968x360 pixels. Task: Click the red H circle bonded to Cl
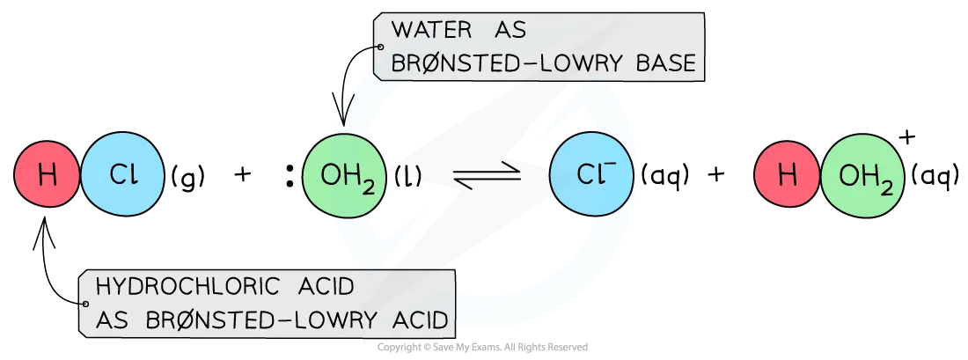pyautogui.click(x=47, y=176)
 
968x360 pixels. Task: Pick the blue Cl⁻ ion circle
pyautogui.click(x=592, y=176)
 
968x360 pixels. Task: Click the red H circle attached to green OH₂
pyautogui.click(x=787, y=176)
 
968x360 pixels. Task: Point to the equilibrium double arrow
pyautogui.click(x=488, y=177)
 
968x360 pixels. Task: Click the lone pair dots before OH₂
pyautogui.click(x=289, y=177)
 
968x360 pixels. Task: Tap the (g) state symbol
pyautogui.click(x=187, y=178)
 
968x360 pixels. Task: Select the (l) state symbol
pyautogui.click(x=408, y=177)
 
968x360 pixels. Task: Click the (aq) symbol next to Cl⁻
pyautogui.click(x=665, y=177)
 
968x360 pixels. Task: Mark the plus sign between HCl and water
pyautogui.click(x=243, y=176)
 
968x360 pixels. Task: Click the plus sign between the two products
pyautogui.click(x=715, y=176)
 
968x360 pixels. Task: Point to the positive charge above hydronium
pyautogui.click(x=906, y=138)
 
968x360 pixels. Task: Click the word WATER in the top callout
pyautogui.click(x=431, y=30)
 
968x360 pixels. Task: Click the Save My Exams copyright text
pyautogui.click(x=483, y=348)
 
